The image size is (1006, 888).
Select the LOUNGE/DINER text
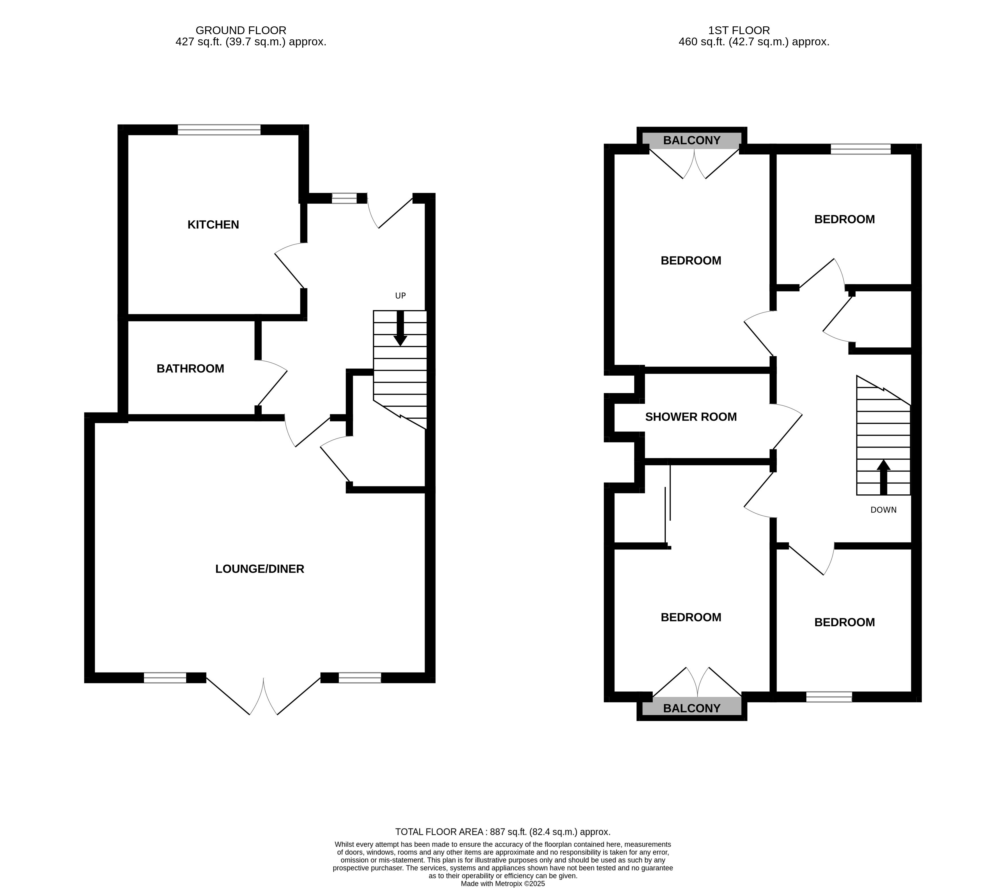(x=260, y=569)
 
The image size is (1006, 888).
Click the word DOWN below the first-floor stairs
(x=884, y=510)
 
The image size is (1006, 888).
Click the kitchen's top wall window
(x=219, y=130)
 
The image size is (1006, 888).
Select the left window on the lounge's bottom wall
(x=165, y=677)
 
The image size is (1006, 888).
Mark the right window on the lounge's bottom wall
(x=360, y=677)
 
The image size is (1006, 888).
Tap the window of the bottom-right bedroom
(x=829, y=697)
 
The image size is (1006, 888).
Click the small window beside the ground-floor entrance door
(x=344, y=198)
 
